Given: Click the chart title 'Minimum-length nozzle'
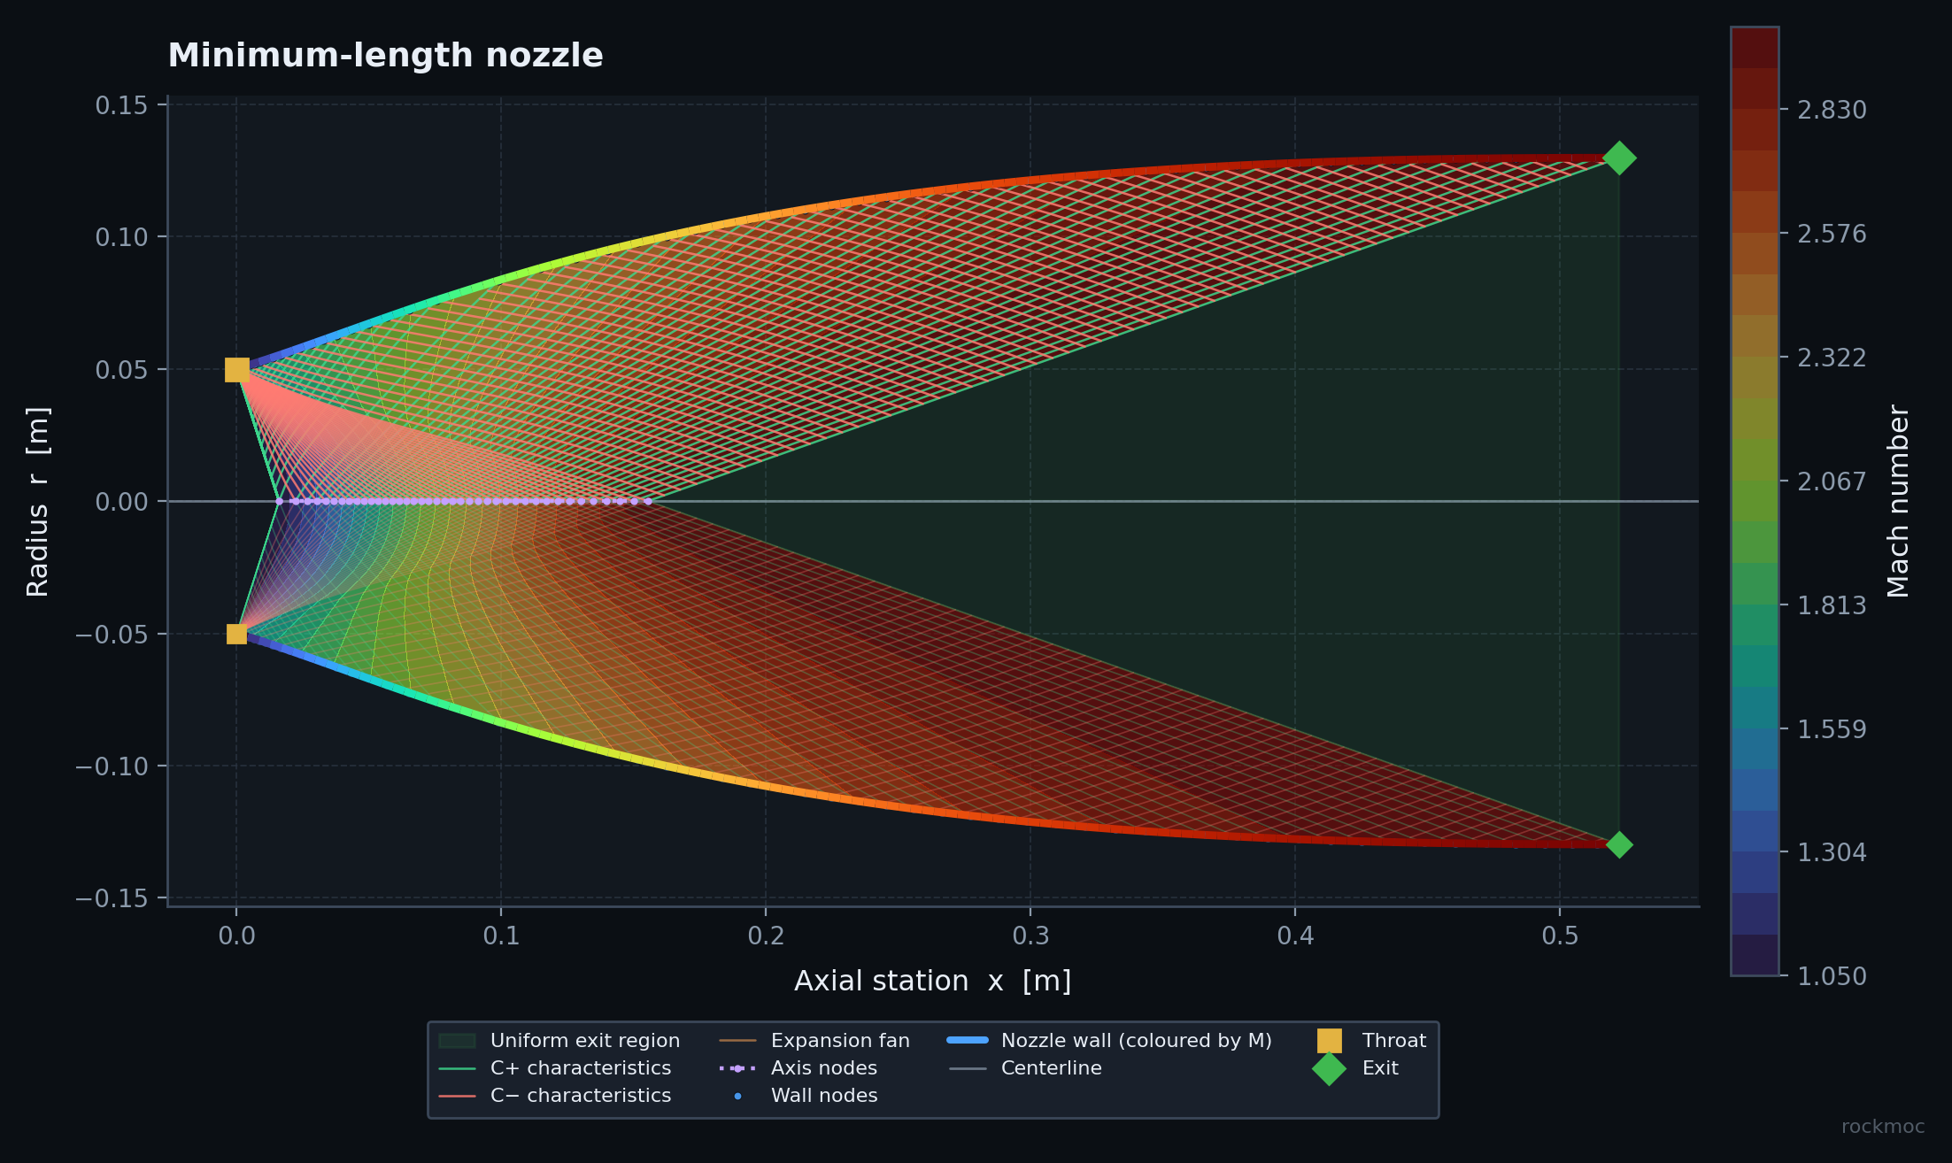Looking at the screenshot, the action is pyautogui.click(x=385, y=56).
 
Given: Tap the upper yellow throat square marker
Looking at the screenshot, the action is pyautogui.click(x=236, y=369).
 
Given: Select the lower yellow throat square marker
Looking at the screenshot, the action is pyautogui.click(x=236, y=634).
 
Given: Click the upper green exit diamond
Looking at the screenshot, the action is pyautogui.click(x=1619, y=158).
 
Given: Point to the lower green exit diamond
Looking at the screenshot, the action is pyautogui.click(x=1619, y=844).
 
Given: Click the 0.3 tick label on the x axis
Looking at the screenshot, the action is pyautogui.click(x=1030, y=936).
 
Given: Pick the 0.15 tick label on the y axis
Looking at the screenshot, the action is pyautogui.click(x=121, y=105).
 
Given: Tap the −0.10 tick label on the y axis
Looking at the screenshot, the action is pyautogui.click(x=112, y=766).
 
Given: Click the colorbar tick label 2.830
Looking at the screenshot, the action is pyautogui.click(x=1832, y=110).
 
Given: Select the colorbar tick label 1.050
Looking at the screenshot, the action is pyautogui.click(x=1832, y=976).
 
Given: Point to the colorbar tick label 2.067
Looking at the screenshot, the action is pyautogui.click(x=1832, y=481).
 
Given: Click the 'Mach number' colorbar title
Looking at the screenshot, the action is pyautogui.click(x=1898, y=501).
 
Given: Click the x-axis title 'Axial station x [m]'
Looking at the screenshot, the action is pyautogui.click(x=933, y=981).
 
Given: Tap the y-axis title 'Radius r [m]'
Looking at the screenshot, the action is pyautogui.click(x=38, y=502).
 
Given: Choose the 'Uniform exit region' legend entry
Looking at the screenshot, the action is pyautogui.click(x=559, y=1041).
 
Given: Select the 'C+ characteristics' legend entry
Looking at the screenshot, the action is pyautogui.click(x=555, y=1068).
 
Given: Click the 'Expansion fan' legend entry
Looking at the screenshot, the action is pyautogui.click(x=814, y=1041).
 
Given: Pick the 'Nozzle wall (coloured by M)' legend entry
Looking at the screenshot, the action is pyautogui.click(x=1109, y=1041).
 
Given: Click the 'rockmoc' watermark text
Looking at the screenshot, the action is pyautogui.click(x=1883, y=1127).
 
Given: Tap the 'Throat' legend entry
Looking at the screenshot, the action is pyautogui.click(x=1371, y=1041).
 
